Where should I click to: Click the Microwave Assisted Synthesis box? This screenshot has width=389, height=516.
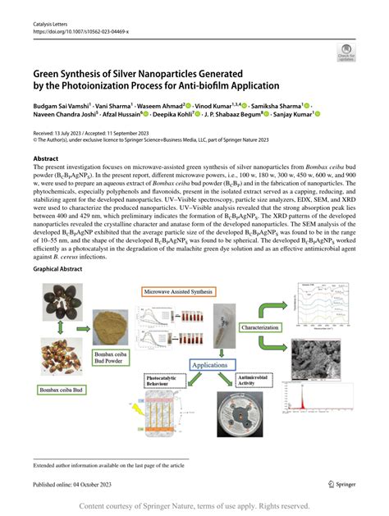[x=179, y=291]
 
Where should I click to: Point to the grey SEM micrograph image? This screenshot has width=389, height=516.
[x=322, y=353]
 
